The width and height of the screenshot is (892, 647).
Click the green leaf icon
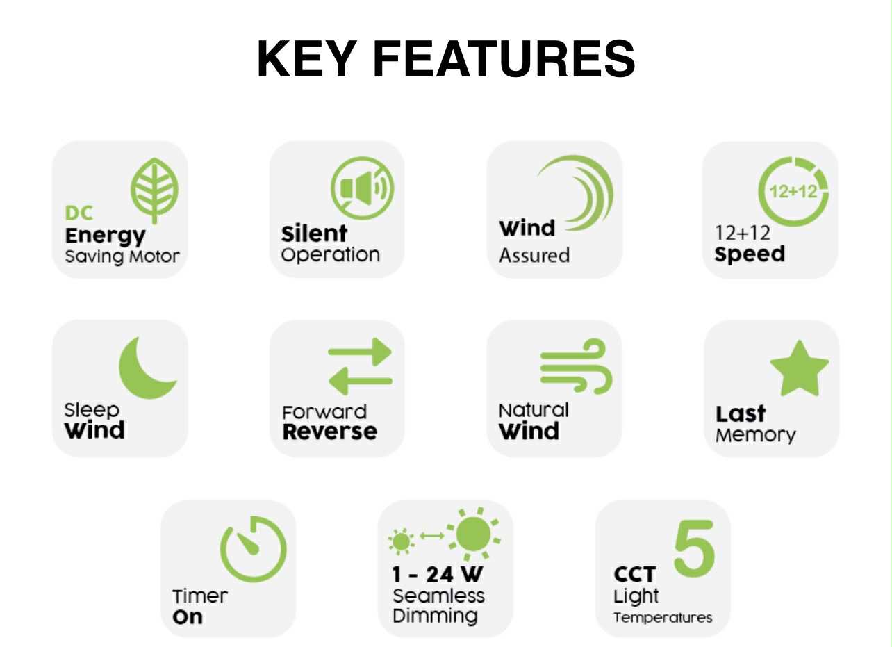[154, 190]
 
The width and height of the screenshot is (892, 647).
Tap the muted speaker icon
[362, 188]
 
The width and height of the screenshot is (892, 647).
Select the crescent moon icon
[147, 368]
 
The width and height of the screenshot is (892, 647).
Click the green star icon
[799, 368]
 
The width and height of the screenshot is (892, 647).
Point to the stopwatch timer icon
[254, 549]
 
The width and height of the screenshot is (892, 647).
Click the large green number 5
[694, 548]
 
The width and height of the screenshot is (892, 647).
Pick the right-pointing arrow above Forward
[360, 352]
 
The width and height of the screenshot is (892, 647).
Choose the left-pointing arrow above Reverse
[360, 382]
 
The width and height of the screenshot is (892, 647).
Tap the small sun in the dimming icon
[401, 541]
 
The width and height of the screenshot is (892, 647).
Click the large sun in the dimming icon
[474, 534]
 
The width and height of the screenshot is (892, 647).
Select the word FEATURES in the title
[504, 59]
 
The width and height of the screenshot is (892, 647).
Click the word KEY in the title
[307, 59]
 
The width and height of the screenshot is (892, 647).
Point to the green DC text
[79, 213]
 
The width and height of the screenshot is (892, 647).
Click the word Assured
[534, 255]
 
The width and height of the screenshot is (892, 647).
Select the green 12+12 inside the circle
[793, 192]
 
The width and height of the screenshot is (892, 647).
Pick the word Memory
[755, 436]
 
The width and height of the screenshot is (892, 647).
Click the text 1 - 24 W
[437, 574]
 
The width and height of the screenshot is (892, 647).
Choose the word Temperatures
[663, 618]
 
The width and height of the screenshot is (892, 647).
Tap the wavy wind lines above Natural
[576, 366]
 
